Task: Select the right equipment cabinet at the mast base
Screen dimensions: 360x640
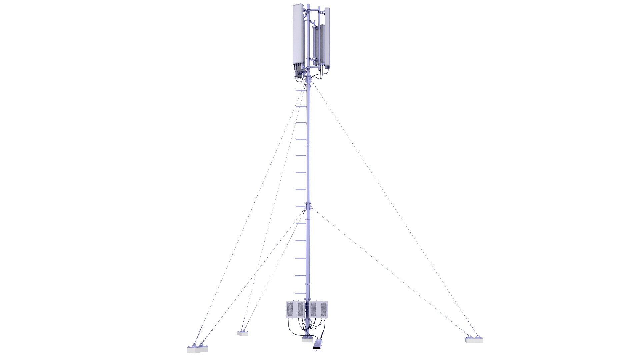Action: point(319,309)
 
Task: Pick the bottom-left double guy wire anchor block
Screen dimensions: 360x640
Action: point(197,349)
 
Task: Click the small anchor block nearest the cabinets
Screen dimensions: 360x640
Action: point(242,333)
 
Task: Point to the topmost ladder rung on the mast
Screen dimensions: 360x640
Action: point(301,90)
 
